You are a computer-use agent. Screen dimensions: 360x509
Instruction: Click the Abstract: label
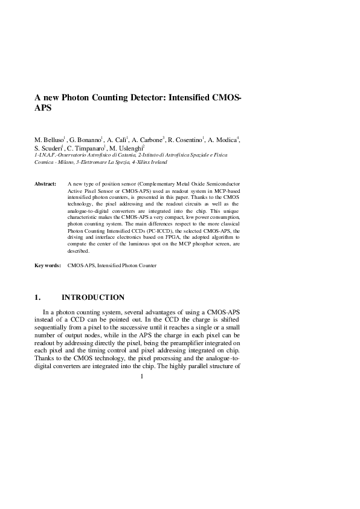tap(45, 182)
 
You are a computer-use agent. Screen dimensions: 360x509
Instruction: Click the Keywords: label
tap(47, 265)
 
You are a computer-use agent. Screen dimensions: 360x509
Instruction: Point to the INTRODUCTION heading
tap(93, 297)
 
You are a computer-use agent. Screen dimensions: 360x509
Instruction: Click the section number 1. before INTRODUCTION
tap(37, 297)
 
